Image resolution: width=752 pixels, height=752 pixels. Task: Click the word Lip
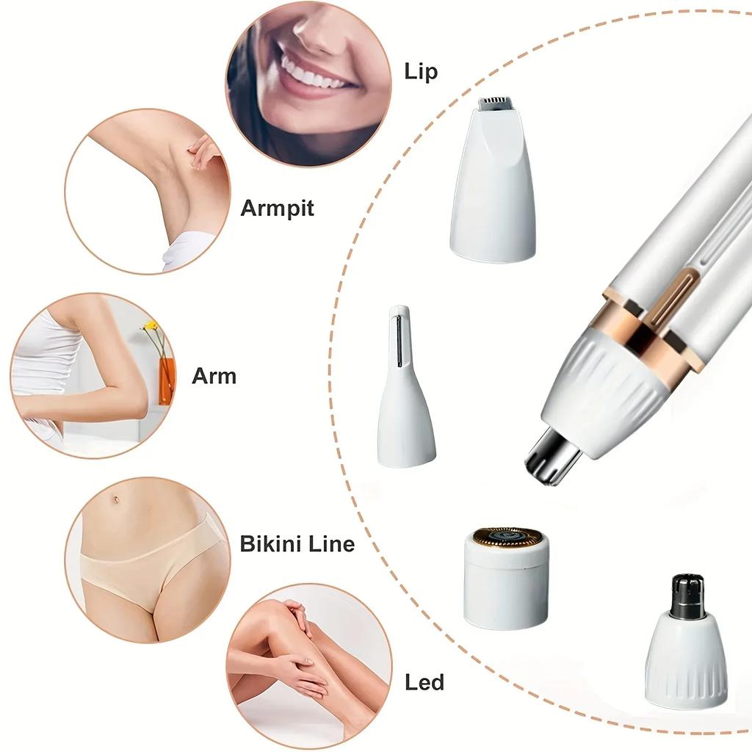pos(421,71)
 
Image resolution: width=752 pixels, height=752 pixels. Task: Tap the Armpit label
pos(277,208)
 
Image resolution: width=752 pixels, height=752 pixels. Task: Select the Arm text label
pos(214,376)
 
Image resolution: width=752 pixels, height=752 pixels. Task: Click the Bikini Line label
pos(297,544)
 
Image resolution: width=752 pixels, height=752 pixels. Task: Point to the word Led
pos(424,682)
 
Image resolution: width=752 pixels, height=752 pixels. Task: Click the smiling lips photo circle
pos(308,82)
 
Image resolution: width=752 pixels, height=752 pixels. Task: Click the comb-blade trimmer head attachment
pos(493,184)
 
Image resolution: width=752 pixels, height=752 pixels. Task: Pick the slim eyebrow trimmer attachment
pos(405,389)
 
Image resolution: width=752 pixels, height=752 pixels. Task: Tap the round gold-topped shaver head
pos(507,576)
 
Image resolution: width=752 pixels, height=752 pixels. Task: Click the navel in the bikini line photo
pos(116,501)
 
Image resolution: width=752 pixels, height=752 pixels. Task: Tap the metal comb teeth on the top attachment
pos(493,104)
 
